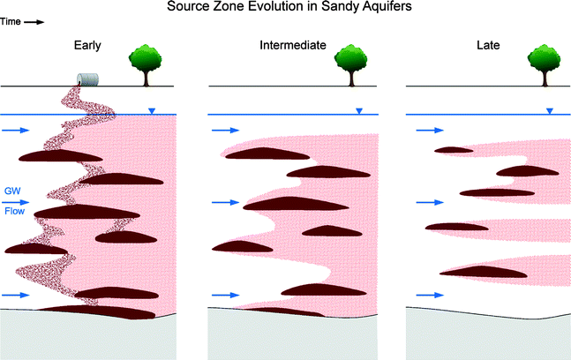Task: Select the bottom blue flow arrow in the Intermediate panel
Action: click(x=223, y=295)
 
